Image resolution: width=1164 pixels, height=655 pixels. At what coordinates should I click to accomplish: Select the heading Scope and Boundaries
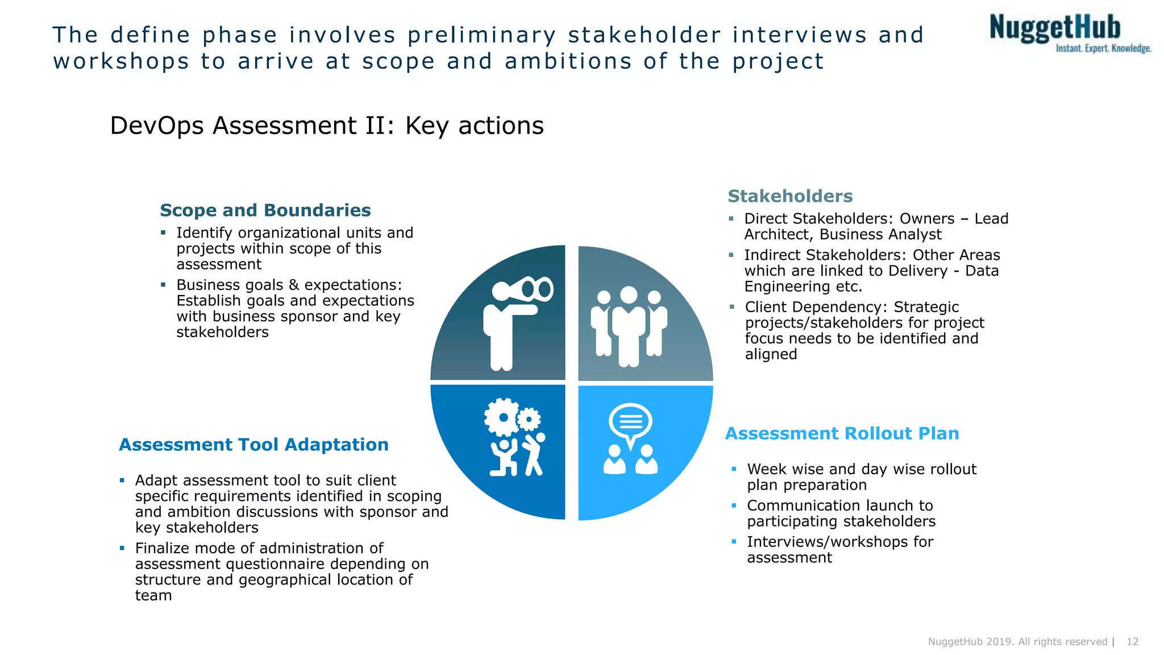coord(265,210)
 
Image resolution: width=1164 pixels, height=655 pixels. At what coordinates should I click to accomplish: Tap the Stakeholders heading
coord(790,196)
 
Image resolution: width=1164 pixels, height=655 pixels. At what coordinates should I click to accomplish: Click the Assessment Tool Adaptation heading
coord(253,445)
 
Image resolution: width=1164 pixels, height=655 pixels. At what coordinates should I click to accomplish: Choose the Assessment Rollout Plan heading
coord(842,434)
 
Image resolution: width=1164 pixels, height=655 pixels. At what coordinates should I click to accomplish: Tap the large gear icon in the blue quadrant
coord(502,417)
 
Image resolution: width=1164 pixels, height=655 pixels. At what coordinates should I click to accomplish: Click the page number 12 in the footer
coord(1132,642)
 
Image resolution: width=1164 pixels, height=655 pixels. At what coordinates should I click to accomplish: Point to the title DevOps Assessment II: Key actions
coord(326,126)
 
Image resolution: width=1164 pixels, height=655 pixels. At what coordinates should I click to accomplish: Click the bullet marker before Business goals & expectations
coord(163,284)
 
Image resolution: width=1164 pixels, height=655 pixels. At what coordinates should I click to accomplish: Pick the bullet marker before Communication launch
coord(734,505)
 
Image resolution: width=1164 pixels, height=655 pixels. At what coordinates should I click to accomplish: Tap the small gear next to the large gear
coord(529,420)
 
